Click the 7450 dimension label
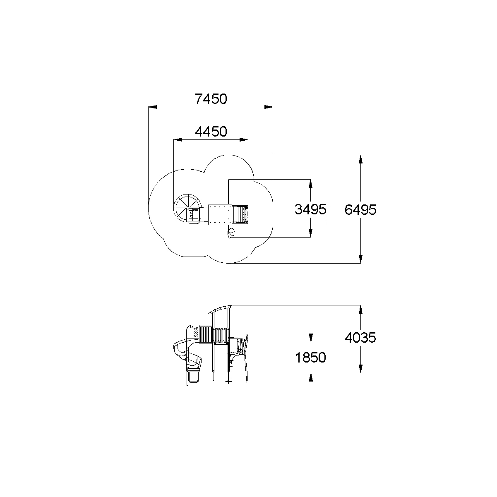(x=211, y=99)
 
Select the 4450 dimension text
(x=211, y=132)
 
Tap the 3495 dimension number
(x=310, y=209)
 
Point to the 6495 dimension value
(x=360, y=210)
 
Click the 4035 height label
(x=360, y=337)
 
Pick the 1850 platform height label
(x=310, y=358)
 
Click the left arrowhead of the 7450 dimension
(x=152, y=107)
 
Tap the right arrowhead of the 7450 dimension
(x=269, y=107)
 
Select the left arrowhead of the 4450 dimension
(x=178, y=140)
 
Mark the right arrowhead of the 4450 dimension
(x=244, y=140)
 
